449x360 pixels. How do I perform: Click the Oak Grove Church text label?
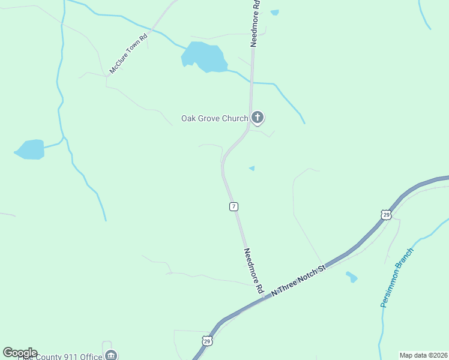coord(214,118)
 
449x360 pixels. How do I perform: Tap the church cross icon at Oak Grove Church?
coord(258,117)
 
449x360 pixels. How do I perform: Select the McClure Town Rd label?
coord(128,55)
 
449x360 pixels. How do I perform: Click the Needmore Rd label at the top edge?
coord(256,23)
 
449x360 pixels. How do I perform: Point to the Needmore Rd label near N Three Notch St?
coord(253,271)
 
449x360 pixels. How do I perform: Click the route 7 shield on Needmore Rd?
coord(234,206)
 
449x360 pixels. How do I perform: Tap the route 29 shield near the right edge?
coord(386,214)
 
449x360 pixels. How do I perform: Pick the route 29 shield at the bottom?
coord(207,341)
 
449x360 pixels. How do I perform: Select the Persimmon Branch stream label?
coord(397,277)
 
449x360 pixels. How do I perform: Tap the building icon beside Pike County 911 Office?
coord(111,356)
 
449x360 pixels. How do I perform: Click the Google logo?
coord(20,352)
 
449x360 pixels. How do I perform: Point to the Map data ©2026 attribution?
coord(424,355)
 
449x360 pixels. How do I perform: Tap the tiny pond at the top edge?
coord(274,12)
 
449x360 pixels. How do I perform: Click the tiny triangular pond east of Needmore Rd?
coord(252,169)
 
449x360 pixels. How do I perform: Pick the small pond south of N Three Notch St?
coord(352,277)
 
